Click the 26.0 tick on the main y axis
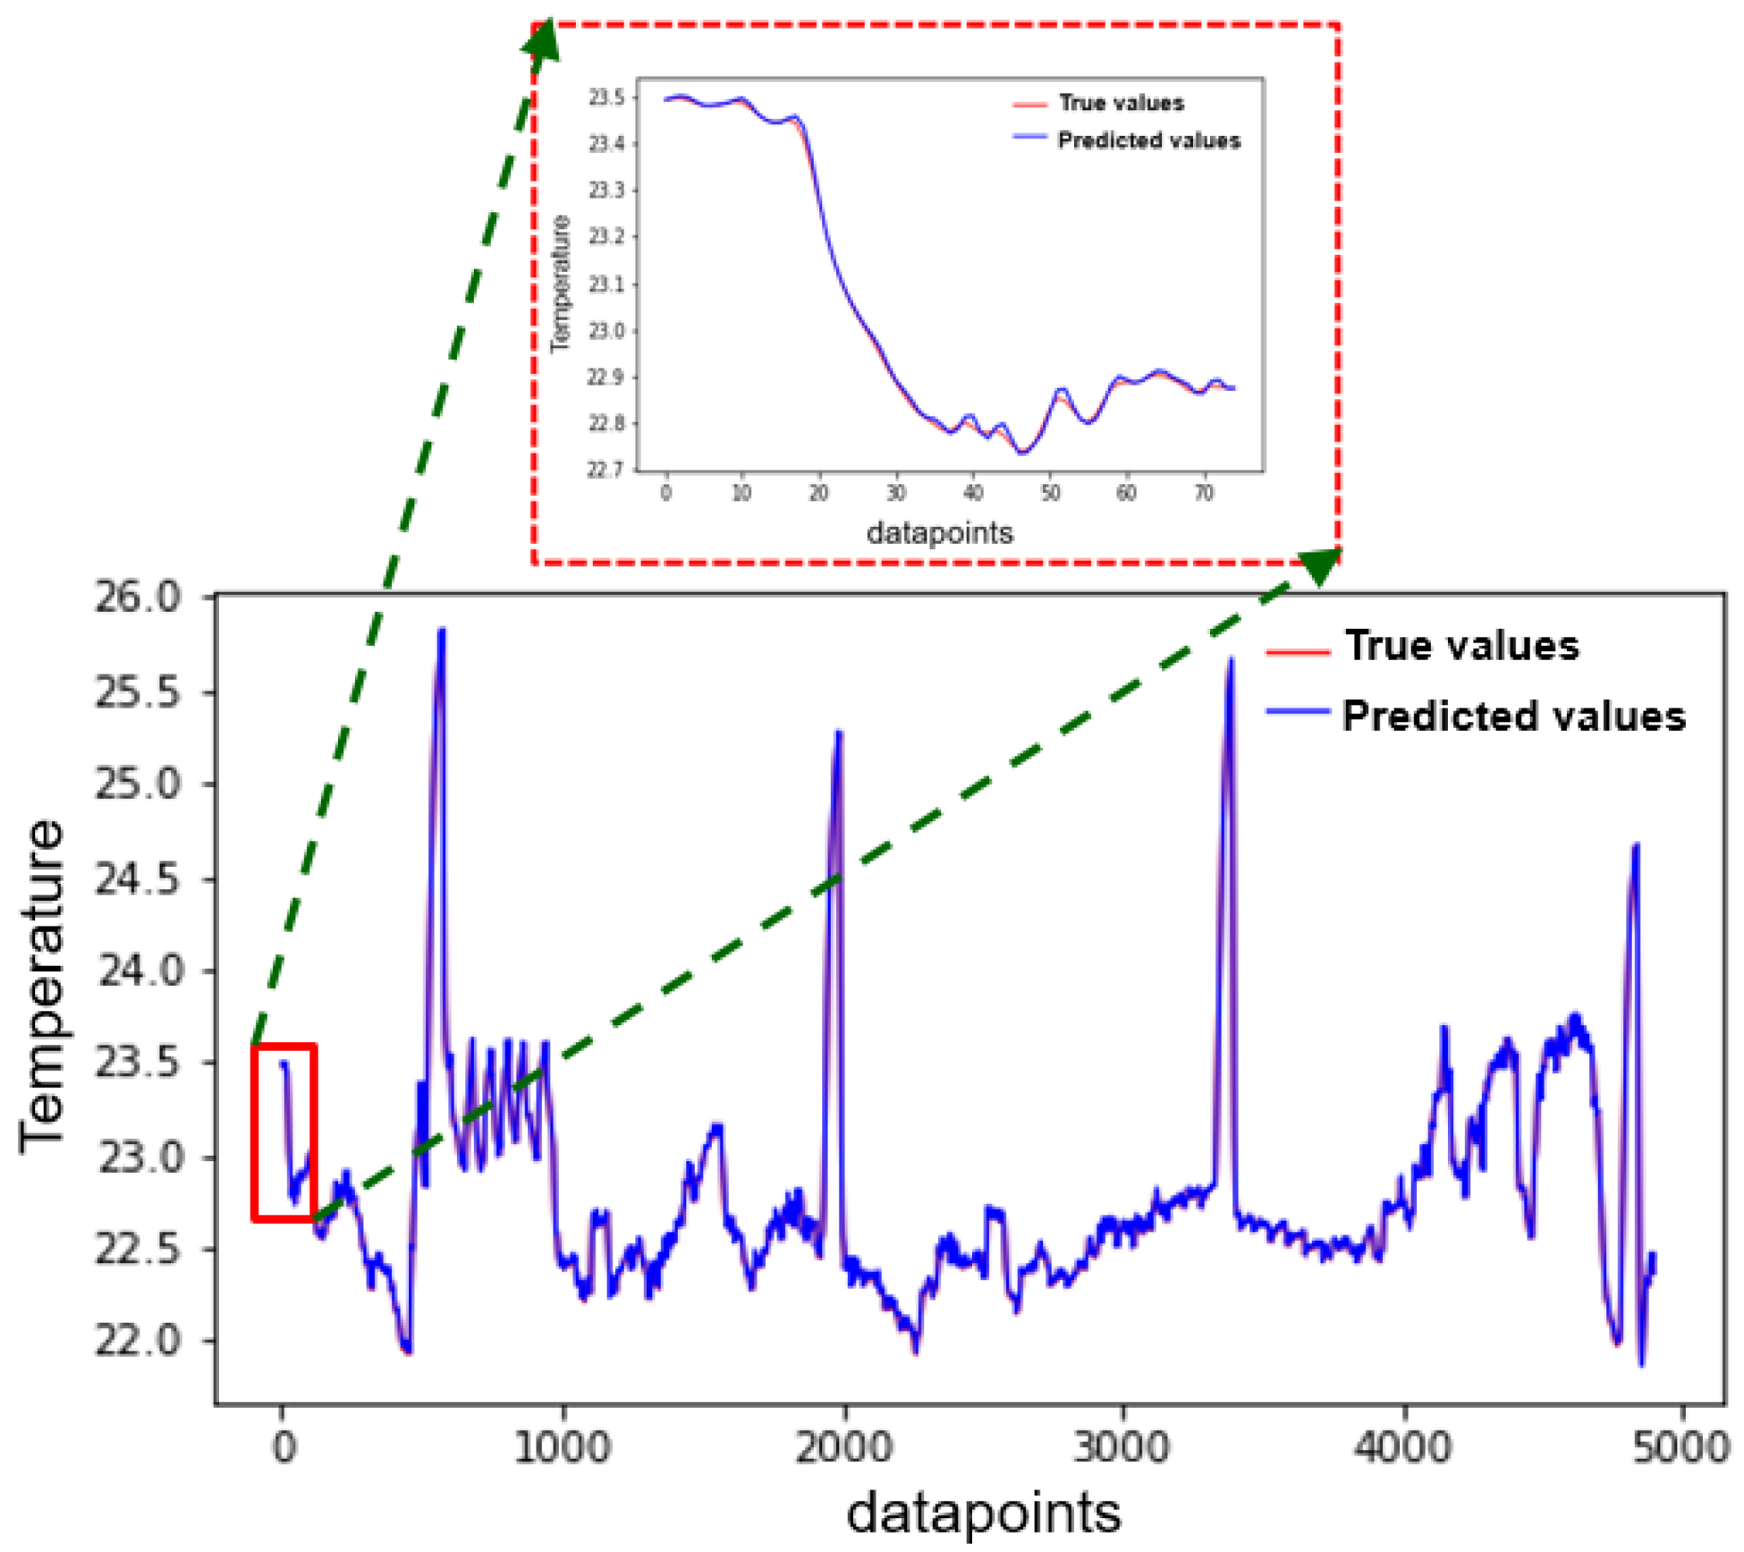click(x=139, y=598)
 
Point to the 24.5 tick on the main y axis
click(x=139, y=880)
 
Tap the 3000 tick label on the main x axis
click(x=1122, y=1447)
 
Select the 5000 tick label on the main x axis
click(x=1681, y=1447)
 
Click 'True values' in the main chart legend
click(x=1462, y=646)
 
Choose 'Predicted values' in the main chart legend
click(x=1513, y=717)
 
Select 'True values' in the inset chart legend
click(x=1122, y=103)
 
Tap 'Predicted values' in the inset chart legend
click(x=1149, y=140)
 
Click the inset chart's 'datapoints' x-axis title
click(x=940, y=533)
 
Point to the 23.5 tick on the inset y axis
click(x=605, y=98)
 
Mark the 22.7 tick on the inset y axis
click(x=605, y=470)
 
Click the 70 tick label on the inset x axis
click(x=1205, y=493)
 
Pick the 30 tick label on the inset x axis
click(x=896, y=493)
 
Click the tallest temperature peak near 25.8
click(x=441, y=632)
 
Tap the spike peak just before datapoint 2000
click(x=839, y=734)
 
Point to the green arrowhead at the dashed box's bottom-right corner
click(x=1319, y=565)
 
